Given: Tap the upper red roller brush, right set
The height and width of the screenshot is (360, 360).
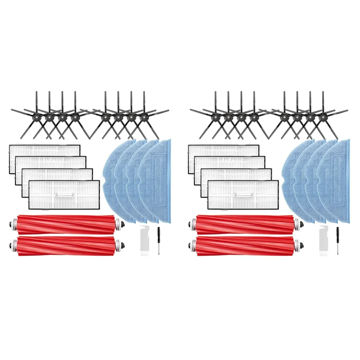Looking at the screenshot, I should coord(245,224).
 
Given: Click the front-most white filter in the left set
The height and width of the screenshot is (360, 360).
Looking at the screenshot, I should coord(64,194).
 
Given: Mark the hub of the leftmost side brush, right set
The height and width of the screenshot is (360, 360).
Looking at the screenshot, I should coord(216,117).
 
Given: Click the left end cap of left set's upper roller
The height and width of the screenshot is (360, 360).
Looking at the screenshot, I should coord(15,223).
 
